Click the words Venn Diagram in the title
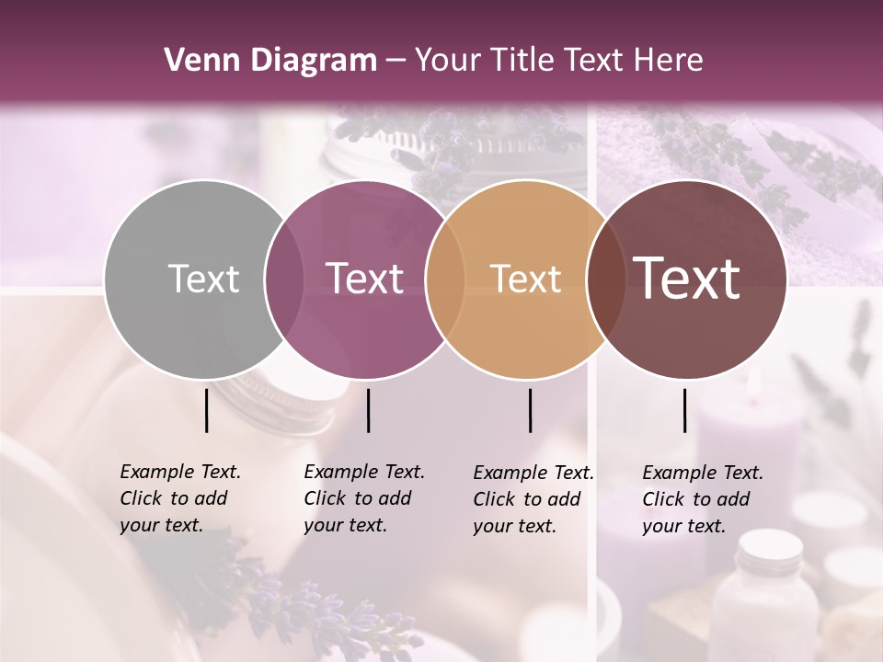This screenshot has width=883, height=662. [270, 61]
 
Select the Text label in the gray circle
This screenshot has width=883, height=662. [203, 279]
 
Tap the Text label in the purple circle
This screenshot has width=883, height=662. [365, 279]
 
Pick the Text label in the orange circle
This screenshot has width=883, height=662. [525, 279]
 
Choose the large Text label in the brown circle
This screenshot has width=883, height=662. [687, 278]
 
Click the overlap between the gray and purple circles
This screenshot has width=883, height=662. [284, 279]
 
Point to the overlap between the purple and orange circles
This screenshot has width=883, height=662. [445, 279]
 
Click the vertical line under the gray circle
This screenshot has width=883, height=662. [207, 410]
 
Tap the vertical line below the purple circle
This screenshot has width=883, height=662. [368, 410]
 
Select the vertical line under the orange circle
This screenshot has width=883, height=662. [531, 410]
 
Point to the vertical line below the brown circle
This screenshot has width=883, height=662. [685, 410]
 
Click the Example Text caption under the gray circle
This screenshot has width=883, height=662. [179, 498]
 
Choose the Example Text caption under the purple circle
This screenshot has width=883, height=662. [363, 498]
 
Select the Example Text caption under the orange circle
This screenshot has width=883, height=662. [533, 499]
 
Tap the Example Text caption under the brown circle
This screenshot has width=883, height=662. [702, 499]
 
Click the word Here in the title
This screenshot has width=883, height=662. [671, 61]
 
